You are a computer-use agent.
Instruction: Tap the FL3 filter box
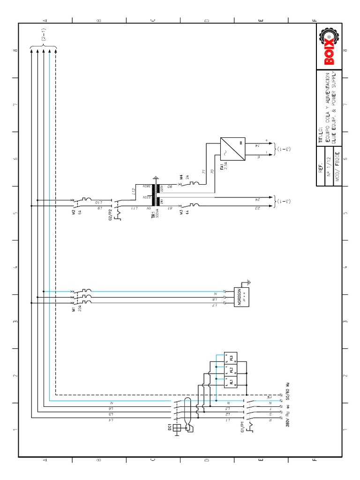231,359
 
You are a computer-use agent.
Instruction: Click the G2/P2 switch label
111,217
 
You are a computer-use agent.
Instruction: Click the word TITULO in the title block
320,134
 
